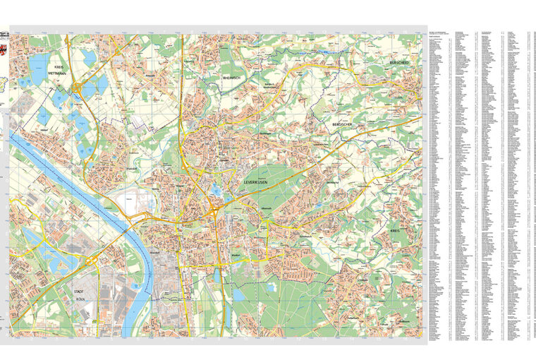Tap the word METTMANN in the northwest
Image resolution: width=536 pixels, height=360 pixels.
coord(57,72)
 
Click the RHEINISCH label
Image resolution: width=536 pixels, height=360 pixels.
coord(232,78)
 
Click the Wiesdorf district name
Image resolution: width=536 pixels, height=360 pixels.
coord(157,252)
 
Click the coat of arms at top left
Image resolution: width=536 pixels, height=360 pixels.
coord(4,34)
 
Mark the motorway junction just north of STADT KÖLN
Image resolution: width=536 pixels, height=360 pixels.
coord(92,261)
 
